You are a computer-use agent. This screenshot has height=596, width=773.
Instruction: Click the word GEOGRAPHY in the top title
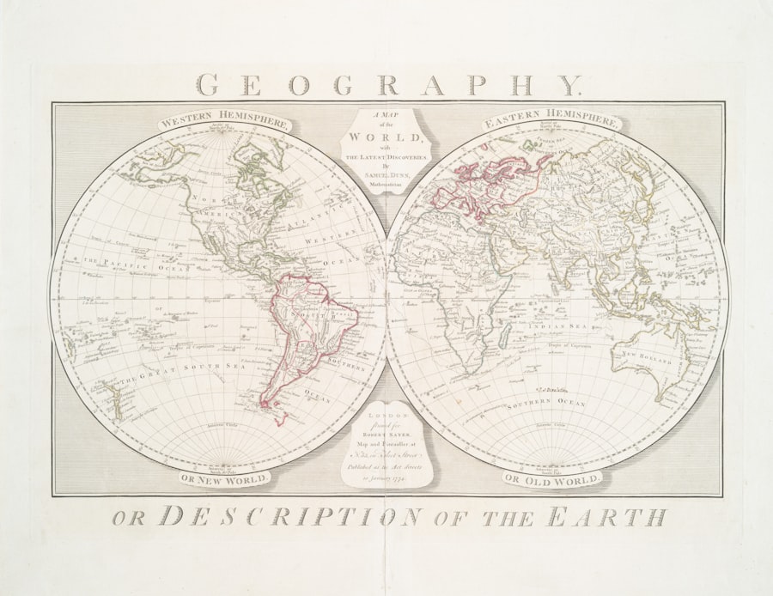[388, 84]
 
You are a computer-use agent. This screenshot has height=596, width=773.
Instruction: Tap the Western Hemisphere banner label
[224, 119]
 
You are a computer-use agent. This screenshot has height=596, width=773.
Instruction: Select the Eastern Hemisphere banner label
[551, 119]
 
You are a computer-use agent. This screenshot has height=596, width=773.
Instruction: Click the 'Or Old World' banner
[551, 477]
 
